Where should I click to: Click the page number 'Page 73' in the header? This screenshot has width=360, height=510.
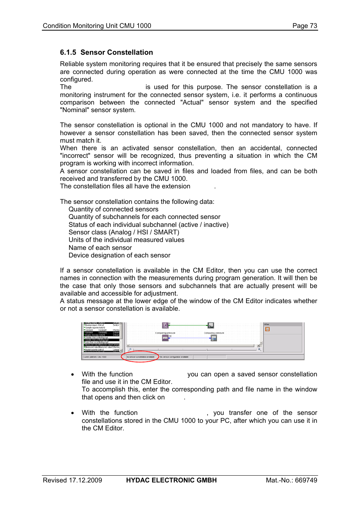point(305,26)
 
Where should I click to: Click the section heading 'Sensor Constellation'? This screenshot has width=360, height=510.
point(117,52)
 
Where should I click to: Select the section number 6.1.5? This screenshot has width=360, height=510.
point(68,52)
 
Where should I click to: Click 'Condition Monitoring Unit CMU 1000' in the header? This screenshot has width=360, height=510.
point(97,26)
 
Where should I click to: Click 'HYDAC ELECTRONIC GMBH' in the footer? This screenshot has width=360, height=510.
point(171,480)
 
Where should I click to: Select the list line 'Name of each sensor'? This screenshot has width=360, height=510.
point(100,248)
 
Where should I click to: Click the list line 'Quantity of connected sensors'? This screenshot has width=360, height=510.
point(113,209)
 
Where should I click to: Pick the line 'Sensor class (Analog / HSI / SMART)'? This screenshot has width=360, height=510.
point(124,232)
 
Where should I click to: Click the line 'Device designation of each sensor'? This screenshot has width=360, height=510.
point(119,255)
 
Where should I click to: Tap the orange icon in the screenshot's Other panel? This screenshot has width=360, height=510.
point(267,329)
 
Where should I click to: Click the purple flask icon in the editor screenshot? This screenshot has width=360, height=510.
point(165,325)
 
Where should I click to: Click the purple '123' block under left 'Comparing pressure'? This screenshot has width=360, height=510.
point(165,338)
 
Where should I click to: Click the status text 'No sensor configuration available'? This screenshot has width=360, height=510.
point(174,357)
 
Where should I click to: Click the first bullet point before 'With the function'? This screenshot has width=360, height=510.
point(72,374)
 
